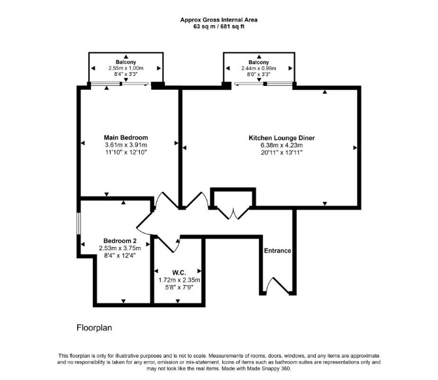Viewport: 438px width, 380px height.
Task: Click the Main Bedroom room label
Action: [x=126, y=138]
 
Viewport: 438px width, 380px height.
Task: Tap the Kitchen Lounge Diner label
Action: [x=282, y=138]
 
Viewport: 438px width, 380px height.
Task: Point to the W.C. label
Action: [x=179, y=273]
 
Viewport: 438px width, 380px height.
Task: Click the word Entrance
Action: [x=278, y=251]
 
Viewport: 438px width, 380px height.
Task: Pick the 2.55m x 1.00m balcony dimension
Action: [x=126, y=68]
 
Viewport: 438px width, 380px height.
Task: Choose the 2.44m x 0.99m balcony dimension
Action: [x=259, y=68]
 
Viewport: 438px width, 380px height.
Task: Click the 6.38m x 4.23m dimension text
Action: [x=282, y=145]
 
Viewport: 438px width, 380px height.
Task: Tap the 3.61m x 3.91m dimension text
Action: [x=126, y=145]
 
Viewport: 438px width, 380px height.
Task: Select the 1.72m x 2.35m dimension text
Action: [x=179, y=280]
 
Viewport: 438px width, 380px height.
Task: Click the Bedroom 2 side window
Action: [x=78, y=223]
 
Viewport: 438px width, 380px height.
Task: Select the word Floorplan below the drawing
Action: [x=94, y=328]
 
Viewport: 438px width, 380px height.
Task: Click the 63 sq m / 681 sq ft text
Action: [x=219, y=27]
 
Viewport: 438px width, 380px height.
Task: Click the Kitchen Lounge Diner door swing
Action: [x=197, y=200]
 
